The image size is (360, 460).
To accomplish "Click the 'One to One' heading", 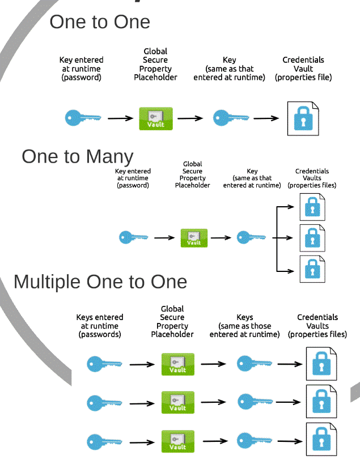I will pyautogui.click(x=100, y=22).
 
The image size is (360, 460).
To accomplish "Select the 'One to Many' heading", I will pyautogui.click(x=78, y=156).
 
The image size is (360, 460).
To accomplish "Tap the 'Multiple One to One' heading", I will pyautogui.click(x=100, y=282).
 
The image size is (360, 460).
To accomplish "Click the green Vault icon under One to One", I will pyautogui.click(x=156, y=118).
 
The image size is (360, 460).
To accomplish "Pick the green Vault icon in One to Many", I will pyautogui.click(x=194, y=237).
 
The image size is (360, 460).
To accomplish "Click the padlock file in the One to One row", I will pyautogui.click(x=303, y=118).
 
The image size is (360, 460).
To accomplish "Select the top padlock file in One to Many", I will pyautogui.click(x=312, y=207).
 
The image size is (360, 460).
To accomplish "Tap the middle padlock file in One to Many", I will pyautogui.click(x=312, y=238).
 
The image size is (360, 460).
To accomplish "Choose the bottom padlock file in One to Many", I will pyautogui.click(x=312, y=269).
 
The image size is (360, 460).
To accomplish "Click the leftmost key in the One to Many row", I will pyautogui.click(x=134, y=237).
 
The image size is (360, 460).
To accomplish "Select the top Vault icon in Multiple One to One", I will pyautogui.click(x=177, y=364).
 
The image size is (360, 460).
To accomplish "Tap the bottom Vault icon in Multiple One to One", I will pyautogui.click(x=177, y=441).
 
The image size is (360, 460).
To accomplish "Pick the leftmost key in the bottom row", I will pyautogui.click(x=104, y=441).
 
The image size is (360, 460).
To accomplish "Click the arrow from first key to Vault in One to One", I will pyautogui.click(x=121, y=118).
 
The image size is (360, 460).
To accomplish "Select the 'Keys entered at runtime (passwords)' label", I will pyautogui.click(x=100, y=326).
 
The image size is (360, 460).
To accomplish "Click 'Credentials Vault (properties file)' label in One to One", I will pyautogui.click(x=303, y=69).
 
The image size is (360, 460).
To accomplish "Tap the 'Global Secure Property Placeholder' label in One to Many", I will pyautogui.click(x=192, y=174).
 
